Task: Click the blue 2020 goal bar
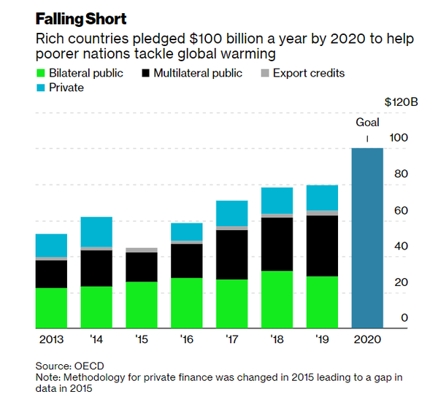[x=368, y=238]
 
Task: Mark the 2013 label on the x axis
[x=51, y=340]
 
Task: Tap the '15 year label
[x=142, y=340]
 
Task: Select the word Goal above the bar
[x=367, y=122]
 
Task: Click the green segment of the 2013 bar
[x=51, y=308]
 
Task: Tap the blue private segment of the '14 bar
[x=96, y=232]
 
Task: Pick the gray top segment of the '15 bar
[x=142, y=250]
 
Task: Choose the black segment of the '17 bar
[x=232, y=255]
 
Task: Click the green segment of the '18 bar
[x=277, y=299]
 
